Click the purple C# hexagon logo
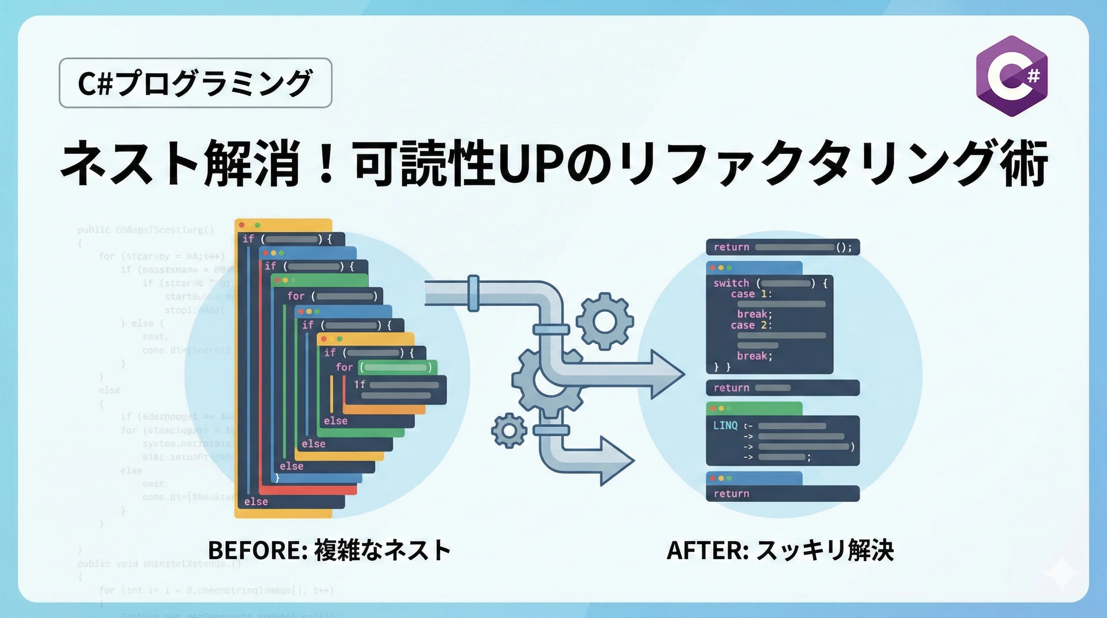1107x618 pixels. pyautogui.click(x=1012, y=76)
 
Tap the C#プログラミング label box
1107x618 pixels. pyautogui.click(x=195, y=83)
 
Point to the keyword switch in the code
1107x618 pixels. pyautogui.click(x=731, y=283)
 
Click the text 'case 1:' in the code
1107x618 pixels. pyautogui.click(x=751, y=295)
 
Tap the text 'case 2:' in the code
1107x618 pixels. pyautogui.click(x=751, y=325)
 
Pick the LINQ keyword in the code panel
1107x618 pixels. pyautogui.click(x=725, y=425)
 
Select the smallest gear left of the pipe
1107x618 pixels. pyautogui.click(x=509, y=431)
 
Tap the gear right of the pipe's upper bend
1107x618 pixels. pyautogui.click(x=605, y=321)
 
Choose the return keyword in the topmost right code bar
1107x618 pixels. pyautogui.click(x=731, y=247)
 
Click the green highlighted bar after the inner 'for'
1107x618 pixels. pyautogui.click(x=396, y=367)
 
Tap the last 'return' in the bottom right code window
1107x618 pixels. pyautogui.click(x=731, y=494)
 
